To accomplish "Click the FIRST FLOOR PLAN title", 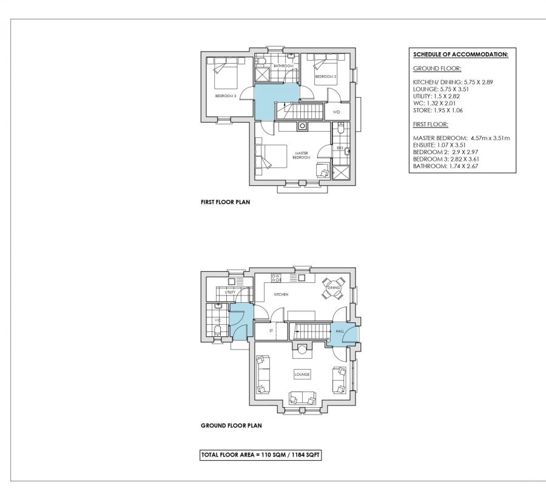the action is pyautogui.click(x=225, y=202).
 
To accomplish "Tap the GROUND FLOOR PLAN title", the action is pyautogui.click(x=231, y=425).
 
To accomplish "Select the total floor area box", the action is pyautogui.click(x=260, y=455).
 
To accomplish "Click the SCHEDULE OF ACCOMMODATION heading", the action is pyautogui.click(x=460, y=55).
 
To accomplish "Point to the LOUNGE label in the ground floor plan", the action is pyautogui.click(x=302, y=374).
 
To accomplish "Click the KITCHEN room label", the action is pyautogui.click(x=281, y=294).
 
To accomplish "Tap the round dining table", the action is pyautogui.click(x=334, y=288).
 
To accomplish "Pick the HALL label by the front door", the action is pyautogui.click(x=340, y=331).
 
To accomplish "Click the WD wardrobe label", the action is pyautogui.click(x=336, y=112).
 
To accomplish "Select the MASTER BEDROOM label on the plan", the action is pyautogui.click(x=302, y=155).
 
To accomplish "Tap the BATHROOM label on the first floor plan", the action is pyautogui.click(x=283, y=66).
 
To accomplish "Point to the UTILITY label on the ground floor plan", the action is pyautogui.click(x=230, y=293).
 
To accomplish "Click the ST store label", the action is pyautogui.click(x=271, y=331).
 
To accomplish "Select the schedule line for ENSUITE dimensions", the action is pyautogui.click(x=439, y=145).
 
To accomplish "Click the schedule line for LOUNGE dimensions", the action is pyautogui.click(x=441, y=89).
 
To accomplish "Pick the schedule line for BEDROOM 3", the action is pyautogui.click(x=446, y=159).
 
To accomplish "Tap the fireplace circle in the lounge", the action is pyautogui.click(x=302, y=348).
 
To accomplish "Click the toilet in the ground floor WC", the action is pyautogui.click(x=218, y=330).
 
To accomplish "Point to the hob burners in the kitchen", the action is pyautogui.click(x=276, y=277).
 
